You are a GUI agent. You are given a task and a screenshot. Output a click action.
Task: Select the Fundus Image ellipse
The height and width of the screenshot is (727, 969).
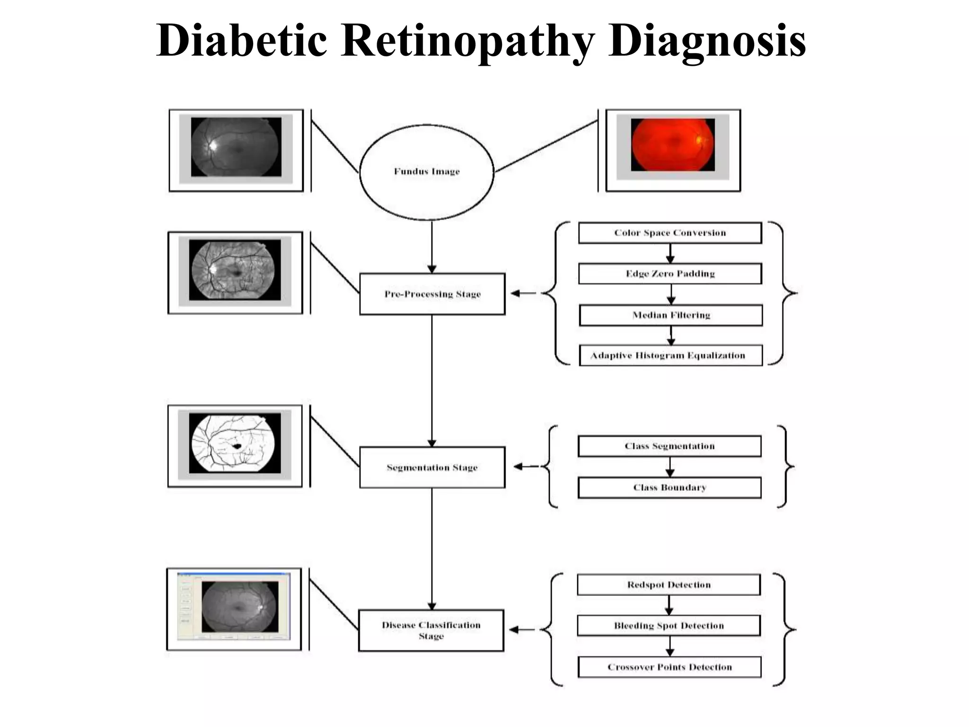click(427, 172)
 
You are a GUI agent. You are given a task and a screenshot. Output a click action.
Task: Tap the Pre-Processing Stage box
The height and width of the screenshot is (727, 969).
click(432, 294)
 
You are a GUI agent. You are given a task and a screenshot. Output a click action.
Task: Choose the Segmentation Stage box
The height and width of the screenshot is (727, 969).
click(432, 467)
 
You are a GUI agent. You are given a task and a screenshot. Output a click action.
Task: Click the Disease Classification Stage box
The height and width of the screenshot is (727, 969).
click(431, 630)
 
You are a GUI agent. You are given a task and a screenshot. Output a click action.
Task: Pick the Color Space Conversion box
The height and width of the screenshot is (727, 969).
click(670, 233)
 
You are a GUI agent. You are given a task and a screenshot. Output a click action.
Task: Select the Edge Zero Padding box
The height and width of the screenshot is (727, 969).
click(670, 274)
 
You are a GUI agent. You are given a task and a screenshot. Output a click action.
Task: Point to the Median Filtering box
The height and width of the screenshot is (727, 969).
click(671, 315)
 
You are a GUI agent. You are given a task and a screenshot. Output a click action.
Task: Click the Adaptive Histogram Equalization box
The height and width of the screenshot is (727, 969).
click(671, 355)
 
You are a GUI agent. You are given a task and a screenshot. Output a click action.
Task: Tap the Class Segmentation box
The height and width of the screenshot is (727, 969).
click(669, 446)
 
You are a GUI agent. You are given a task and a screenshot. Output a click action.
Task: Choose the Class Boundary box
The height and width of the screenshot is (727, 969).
click(669, 488)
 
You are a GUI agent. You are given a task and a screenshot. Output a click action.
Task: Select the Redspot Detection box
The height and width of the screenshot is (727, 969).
click(669, 585)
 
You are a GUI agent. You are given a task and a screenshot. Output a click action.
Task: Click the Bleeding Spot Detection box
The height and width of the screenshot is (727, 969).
click(669, 626)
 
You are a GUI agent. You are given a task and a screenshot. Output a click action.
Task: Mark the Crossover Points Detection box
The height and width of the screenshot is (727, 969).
click(669, 667)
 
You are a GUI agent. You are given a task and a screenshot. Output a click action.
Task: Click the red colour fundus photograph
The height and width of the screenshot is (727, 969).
click(673, 145)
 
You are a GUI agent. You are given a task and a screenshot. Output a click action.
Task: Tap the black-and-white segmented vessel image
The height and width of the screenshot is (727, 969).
click(235, 443)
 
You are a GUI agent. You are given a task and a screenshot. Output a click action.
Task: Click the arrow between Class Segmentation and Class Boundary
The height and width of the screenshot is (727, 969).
click(670, 467)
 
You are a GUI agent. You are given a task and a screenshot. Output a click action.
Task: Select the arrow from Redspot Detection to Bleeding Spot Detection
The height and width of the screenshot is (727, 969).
click(669, 605)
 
